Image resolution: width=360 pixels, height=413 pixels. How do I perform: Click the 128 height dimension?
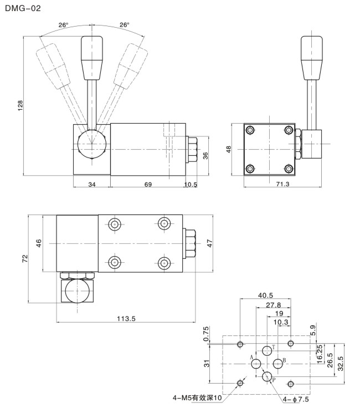[x=20, y=105]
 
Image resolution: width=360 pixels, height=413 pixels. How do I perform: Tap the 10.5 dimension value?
[x=191, y=184]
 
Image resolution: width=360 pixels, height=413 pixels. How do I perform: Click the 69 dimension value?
[x=148, y=184]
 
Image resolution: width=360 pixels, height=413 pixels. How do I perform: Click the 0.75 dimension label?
[x=207, y=334]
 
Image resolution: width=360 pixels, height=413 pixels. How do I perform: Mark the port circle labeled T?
[x=267, y=350]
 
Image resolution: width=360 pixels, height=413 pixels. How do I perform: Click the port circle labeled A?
[x=256, y=363]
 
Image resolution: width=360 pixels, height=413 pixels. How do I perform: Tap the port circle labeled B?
[x=278, y=363]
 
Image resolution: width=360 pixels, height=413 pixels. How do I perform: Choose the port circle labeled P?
[x=267, y=377]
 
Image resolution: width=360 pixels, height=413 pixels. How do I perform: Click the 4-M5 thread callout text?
[x=196, y=398]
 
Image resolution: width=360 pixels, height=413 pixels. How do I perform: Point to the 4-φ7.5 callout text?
[x=297, y=399]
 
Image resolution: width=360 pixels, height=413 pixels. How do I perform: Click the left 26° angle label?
[x=64, y=25]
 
